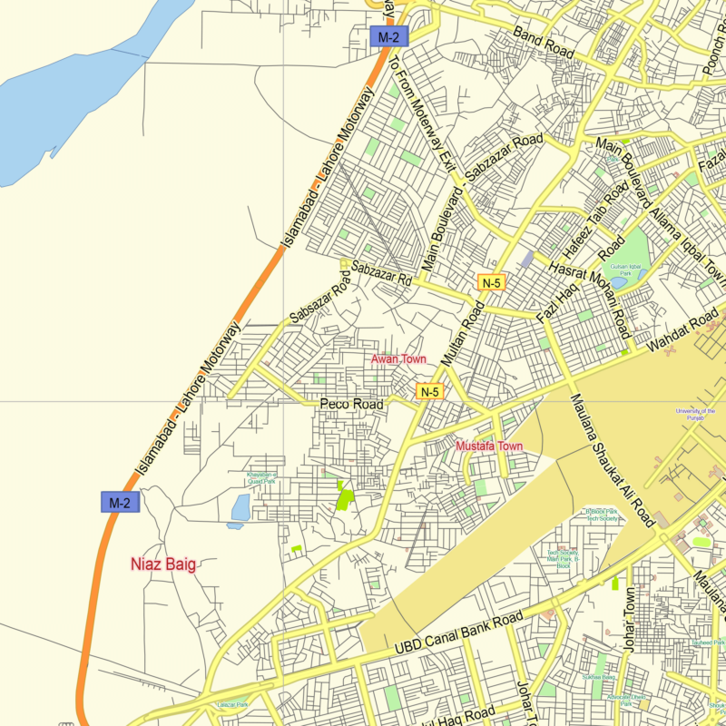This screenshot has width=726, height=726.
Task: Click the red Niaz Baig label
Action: [x=163, y=564]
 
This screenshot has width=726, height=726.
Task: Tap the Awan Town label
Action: [x=398, y=360]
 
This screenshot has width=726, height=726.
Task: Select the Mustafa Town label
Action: [x=489, y=446]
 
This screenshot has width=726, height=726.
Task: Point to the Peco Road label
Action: [x=351, y=403]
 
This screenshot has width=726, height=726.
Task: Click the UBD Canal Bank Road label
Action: [x=459, y=633]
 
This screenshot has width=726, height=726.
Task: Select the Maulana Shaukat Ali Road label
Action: [x=612, y=461]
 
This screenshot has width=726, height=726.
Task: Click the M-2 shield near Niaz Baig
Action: [x=121, y=502]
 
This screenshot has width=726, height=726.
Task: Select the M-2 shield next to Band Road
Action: [x=389, y=37]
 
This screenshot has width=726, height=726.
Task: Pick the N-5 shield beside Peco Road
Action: [x=429, y=392]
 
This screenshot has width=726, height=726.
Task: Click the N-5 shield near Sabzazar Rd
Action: [x=491, y=282]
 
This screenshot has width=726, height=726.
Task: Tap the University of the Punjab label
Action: [x=695, y=414]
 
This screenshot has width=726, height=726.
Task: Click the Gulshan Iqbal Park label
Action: [x=625, y=244]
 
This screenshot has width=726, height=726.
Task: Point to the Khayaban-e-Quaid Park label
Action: [x=262, y=477]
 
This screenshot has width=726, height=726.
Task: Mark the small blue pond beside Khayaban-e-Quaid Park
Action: [x=240, y=508]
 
